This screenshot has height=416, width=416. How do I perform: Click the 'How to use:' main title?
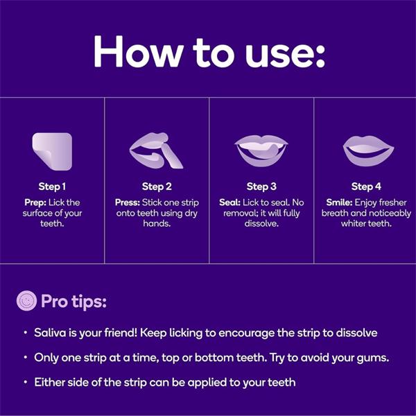[209, 52]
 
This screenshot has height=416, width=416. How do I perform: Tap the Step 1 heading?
[52, 187]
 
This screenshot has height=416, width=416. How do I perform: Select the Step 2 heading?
[157, 187]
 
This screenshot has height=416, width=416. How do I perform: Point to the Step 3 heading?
[261, 187]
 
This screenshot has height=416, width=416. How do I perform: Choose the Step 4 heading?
[366, 187]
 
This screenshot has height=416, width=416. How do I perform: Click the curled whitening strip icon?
[52, 151]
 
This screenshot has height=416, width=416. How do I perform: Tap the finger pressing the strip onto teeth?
[172, 156]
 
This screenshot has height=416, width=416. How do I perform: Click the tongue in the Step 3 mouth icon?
[263, 152]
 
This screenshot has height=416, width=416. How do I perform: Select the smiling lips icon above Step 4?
[368, 150]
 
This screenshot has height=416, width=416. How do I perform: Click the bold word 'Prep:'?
[35, 202]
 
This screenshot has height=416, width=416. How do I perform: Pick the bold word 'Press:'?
[128, 202]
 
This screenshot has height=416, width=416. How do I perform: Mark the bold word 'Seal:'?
[229, 202]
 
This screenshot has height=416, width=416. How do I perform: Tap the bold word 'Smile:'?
[339, 202]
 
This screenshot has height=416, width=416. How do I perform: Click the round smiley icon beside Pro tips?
[26, 301]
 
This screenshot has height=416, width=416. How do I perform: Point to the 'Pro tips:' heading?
[73, 302]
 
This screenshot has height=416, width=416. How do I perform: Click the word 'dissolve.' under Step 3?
[261, 223]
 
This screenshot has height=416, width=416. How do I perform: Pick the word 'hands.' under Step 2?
[157, 223]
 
